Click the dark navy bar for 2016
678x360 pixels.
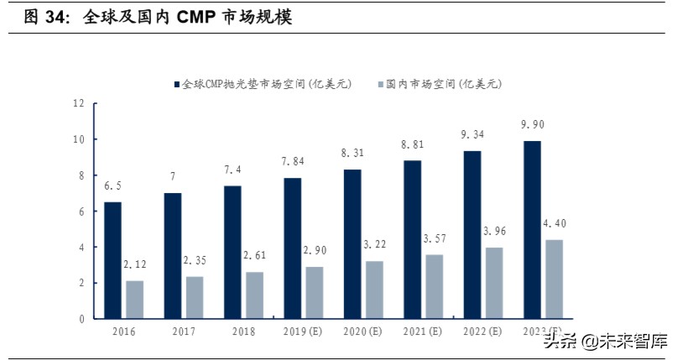(112, 260)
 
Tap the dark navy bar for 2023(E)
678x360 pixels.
(531, 229)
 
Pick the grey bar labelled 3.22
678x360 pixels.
(375, 290)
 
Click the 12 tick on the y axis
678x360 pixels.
(79, 103)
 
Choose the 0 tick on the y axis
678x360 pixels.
(81, 319)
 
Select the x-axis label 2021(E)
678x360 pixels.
(422, 332)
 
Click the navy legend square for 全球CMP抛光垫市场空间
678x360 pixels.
(177, 85)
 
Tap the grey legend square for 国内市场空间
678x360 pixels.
(381, 85)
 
